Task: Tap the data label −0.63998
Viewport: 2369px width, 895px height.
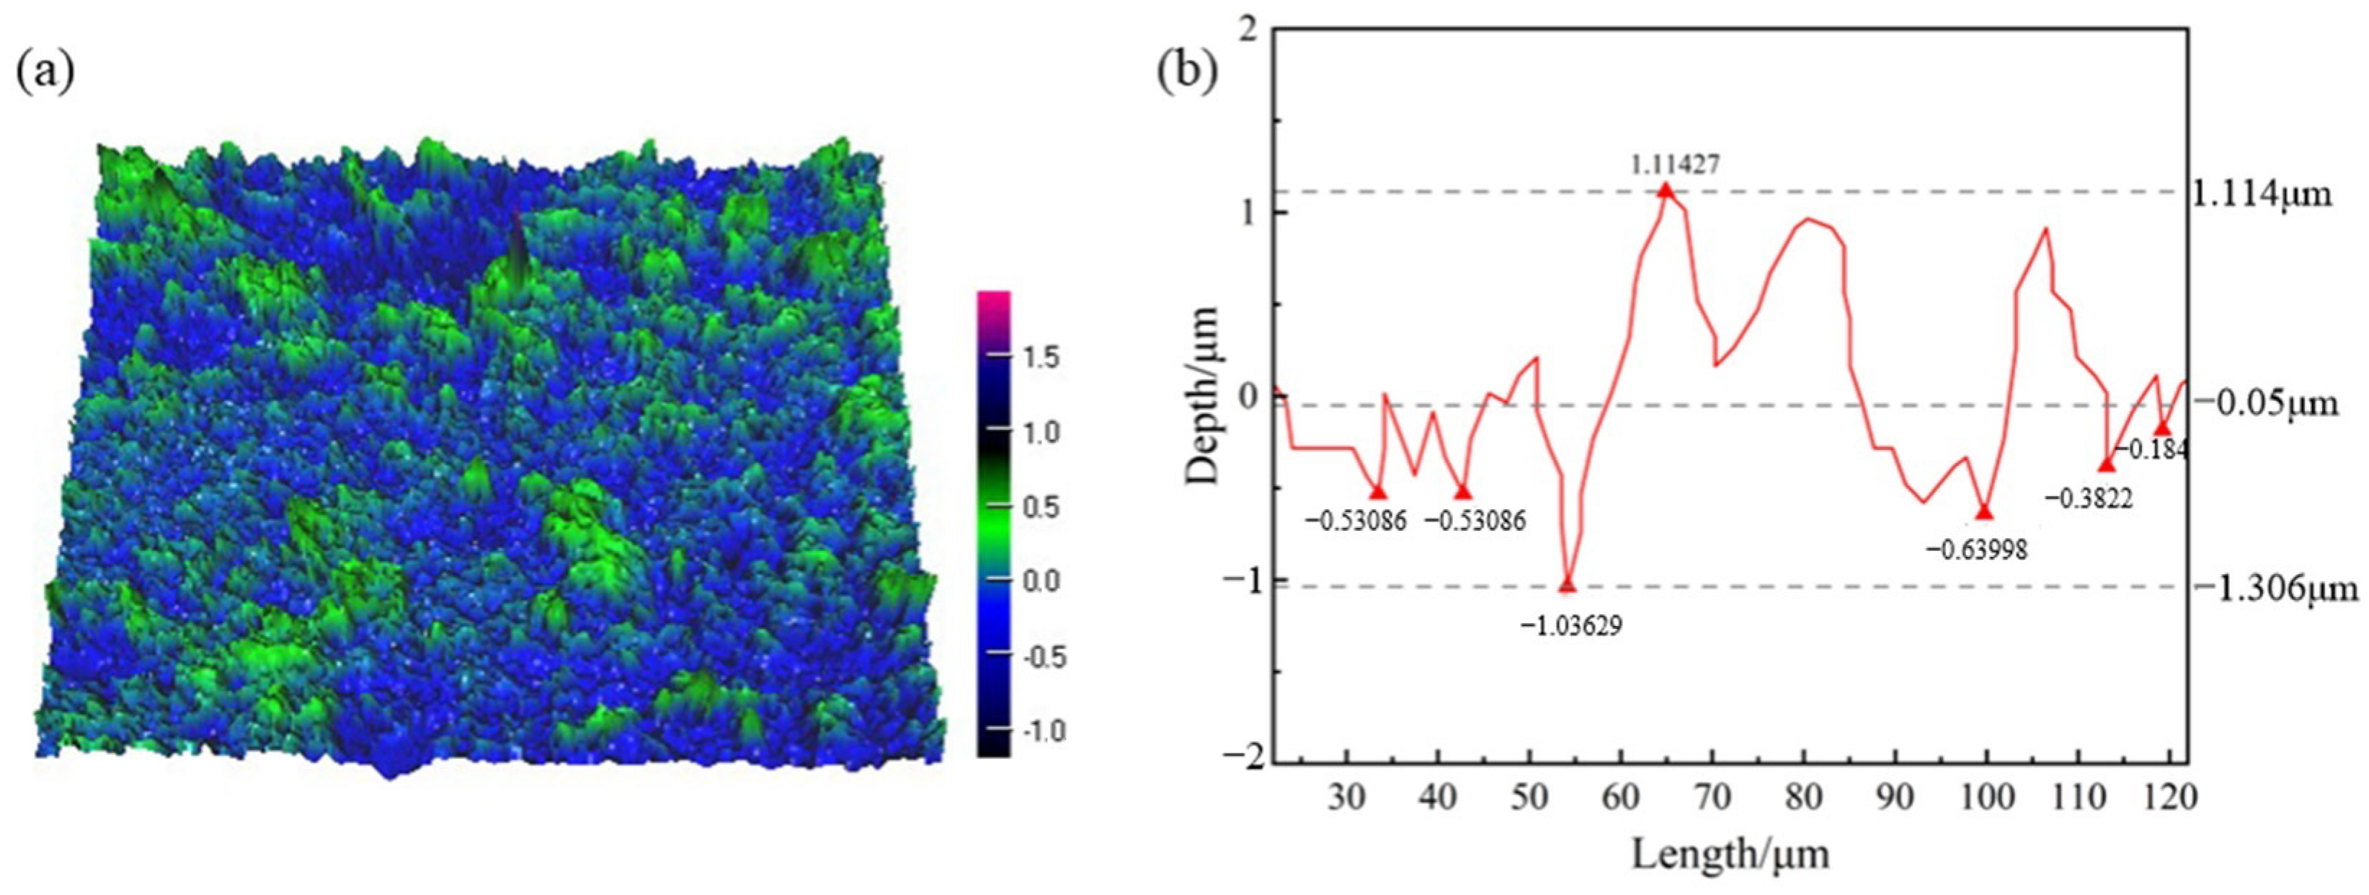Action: point(1976,550)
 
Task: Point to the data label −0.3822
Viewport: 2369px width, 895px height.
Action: point(2089,498)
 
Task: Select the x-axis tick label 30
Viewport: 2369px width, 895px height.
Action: point(1346,797)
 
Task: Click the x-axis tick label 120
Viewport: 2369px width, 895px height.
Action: point(2170,797)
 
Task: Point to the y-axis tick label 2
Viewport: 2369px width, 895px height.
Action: point(1247,30)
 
